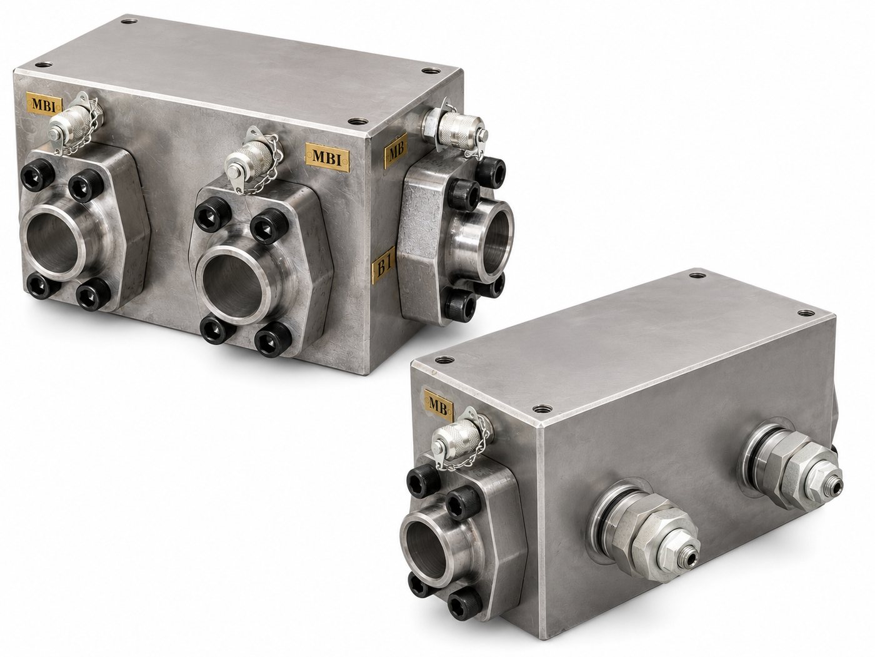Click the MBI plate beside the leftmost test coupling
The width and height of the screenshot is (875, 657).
pyautogui.click(x=44, y=103)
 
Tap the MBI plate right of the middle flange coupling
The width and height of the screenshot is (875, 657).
pyautogui.click(x=327, y=157)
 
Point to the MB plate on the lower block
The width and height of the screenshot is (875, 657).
pyautogui.click(x=439, y=404)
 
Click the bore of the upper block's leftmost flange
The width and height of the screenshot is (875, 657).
pyautogui.click(x=52, y=242)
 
